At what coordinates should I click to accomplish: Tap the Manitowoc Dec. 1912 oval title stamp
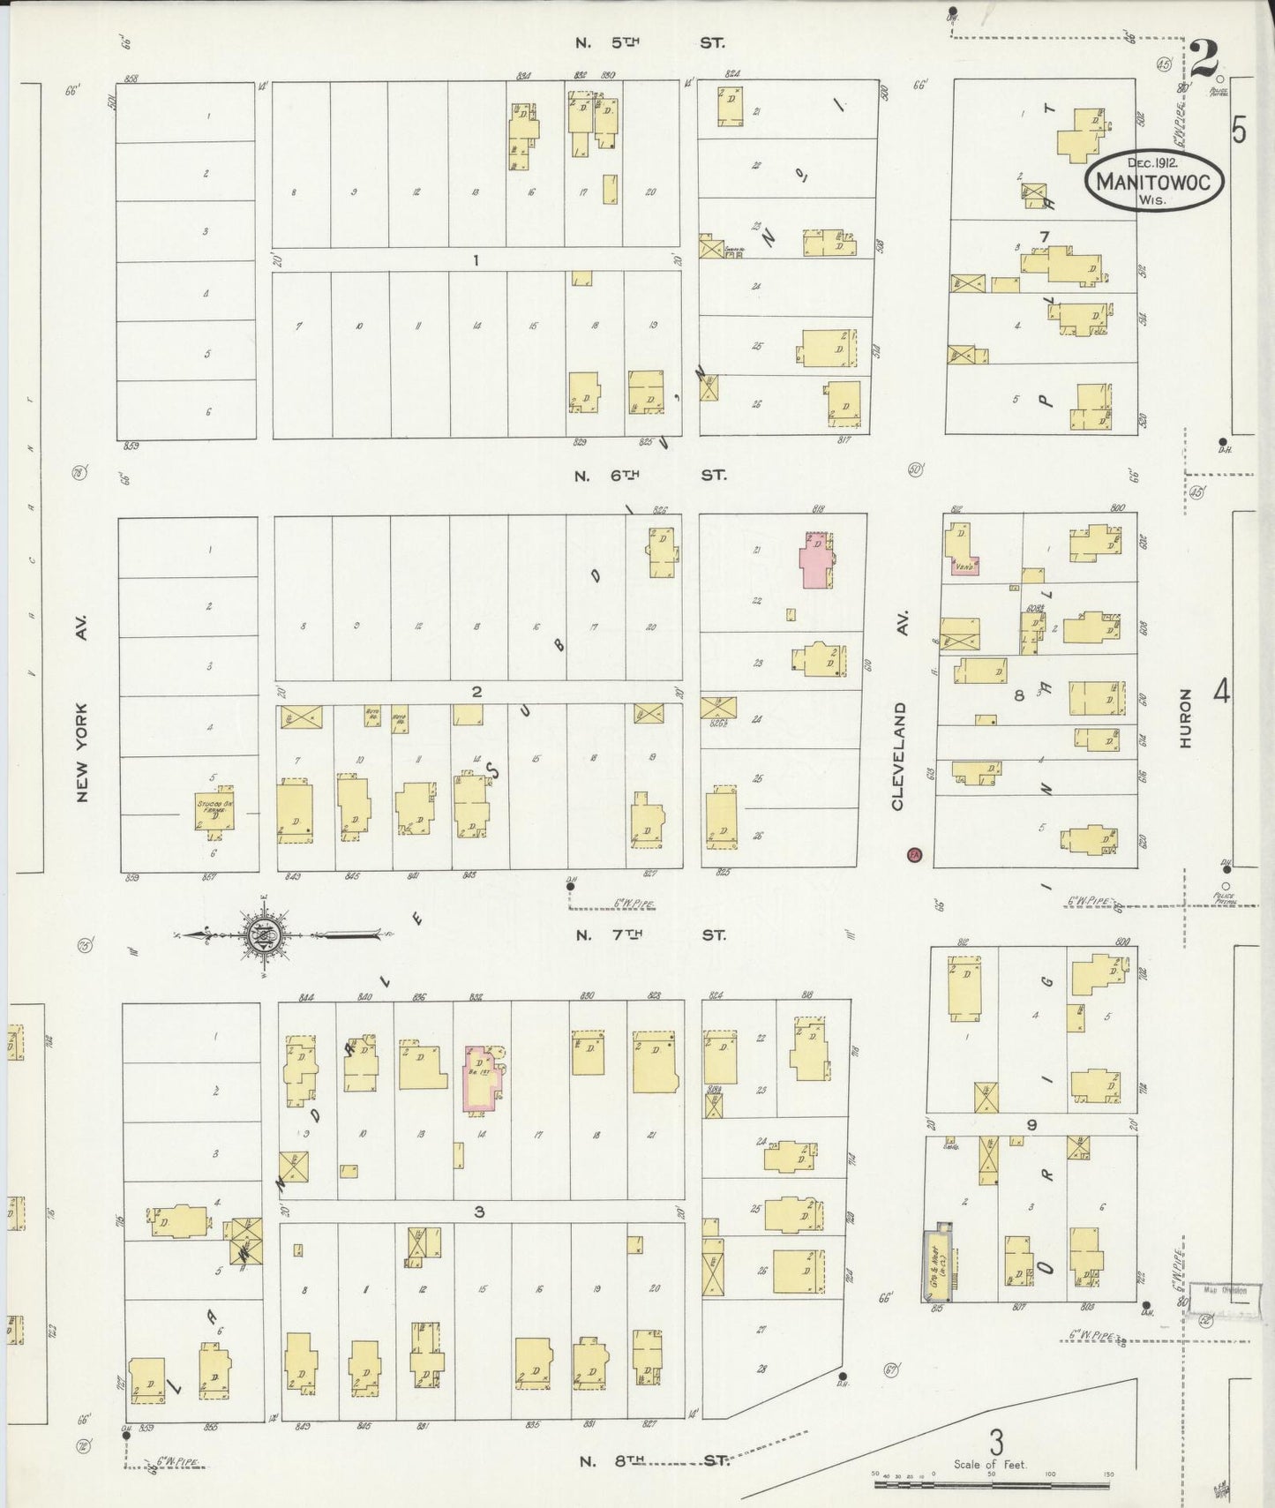point(1153,181)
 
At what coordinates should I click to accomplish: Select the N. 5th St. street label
point(649,41)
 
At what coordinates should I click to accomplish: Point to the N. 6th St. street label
point(649,475)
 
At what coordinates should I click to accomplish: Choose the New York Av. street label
point(82,752)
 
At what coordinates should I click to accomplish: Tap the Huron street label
point(1185,719)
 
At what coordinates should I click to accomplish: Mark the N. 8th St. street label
point(654,1460)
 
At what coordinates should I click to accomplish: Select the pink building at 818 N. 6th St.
point(815,559)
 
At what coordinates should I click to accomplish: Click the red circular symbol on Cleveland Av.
point(915,854)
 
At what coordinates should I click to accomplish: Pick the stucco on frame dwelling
point(214,811)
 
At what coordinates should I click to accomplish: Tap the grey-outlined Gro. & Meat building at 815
point(937,1264)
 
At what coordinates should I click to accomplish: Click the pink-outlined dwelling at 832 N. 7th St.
point(483,1077)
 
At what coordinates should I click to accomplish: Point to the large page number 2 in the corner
point(1203,59)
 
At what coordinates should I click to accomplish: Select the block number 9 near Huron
point(1031,1124)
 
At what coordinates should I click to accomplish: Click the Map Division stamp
point(1225,1290)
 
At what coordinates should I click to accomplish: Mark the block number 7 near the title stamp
point(1045,236)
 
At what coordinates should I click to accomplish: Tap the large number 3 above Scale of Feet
point(996,1442)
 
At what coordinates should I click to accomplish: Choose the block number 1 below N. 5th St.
point(476,259)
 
